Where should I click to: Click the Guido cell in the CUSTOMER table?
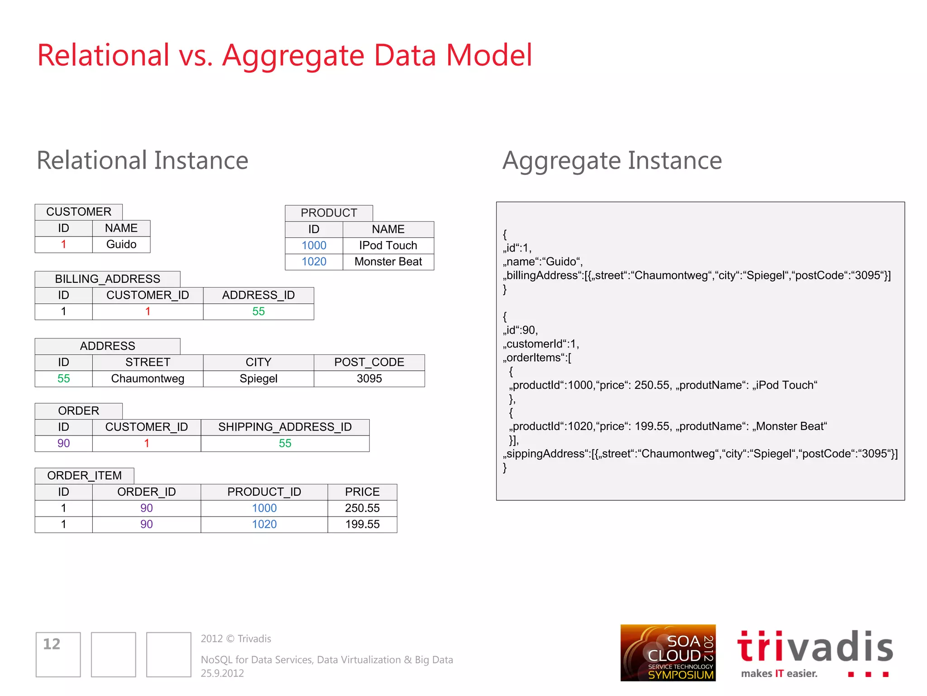[121, 244]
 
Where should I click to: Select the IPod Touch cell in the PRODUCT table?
[388, 245]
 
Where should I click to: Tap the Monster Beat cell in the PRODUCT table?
[388, 261]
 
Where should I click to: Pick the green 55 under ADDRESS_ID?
[258, 311]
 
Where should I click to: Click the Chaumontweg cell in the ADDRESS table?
[148, 378]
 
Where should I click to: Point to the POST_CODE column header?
[369, 362]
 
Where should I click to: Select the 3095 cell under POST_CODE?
[369, 378]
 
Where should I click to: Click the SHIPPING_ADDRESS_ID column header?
[285, 427]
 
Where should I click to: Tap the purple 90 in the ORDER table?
[63, 443]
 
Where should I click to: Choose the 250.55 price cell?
[362, 508]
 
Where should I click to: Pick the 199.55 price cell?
[362, 524]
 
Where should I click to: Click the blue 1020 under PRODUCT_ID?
[264, 524]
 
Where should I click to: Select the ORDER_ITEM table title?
[85, 475]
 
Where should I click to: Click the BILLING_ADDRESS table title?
[108, 279]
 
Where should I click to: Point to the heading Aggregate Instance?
[612, 160]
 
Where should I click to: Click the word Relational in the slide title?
[103, 55]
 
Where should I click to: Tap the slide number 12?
[52, 644]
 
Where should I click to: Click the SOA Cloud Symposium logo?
[668, 653]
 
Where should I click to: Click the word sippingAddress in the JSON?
[545, 454]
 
